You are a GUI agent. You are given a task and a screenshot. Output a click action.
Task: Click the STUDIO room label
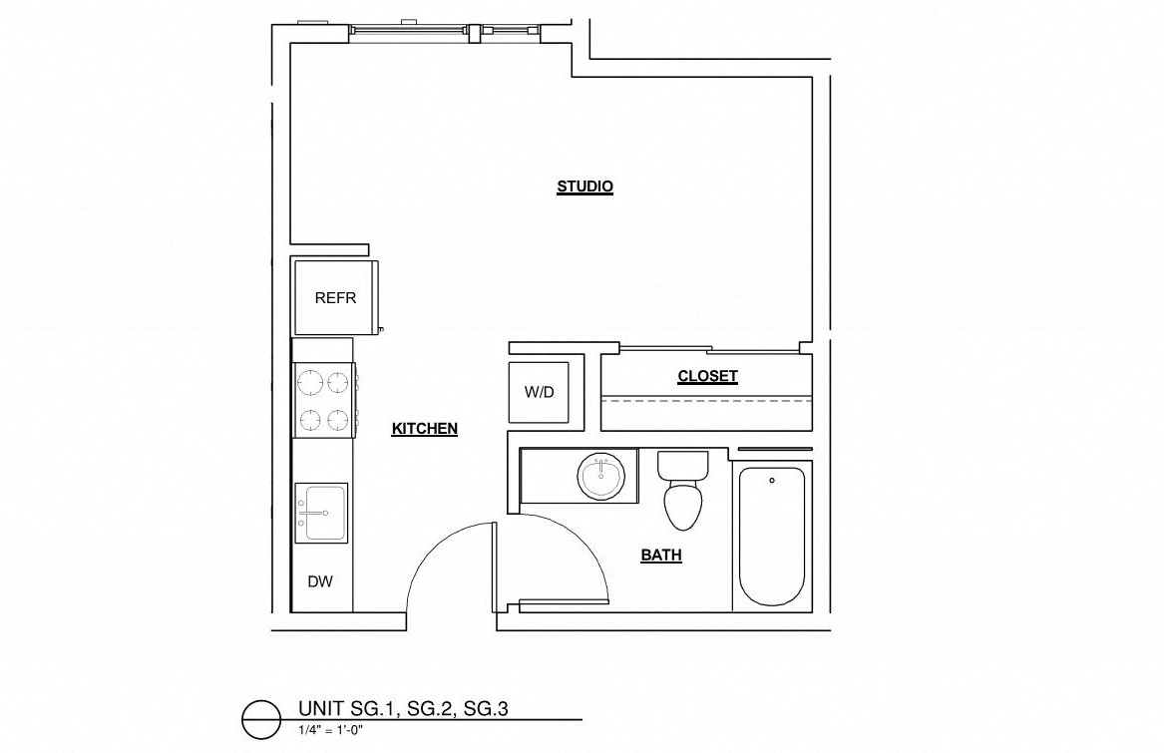coord(584,187)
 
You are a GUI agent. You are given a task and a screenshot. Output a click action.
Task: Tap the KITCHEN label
coord(424,429)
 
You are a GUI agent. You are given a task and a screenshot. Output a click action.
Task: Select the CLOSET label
coord(707,376)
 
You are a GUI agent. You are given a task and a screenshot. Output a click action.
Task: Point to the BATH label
coord(661,556)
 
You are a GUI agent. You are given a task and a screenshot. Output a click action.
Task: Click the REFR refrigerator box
coord(335,297)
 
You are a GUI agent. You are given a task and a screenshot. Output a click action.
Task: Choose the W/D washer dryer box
coord(539,392)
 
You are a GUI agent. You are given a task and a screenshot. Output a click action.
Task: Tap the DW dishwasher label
coord(319,581)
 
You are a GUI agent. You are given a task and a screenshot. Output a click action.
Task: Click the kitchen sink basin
coord(321,513)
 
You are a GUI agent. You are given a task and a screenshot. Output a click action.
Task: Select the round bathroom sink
coord(602,477)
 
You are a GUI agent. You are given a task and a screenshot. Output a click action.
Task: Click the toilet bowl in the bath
coord(684,505)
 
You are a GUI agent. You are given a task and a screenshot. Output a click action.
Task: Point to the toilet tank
coord(683,464)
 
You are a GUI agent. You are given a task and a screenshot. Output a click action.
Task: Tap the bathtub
coord(771,539)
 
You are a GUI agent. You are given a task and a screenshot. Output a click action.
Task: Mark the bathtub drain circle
coord(771,481)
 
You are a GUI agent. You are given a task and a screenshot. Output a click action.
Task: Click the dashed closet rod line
coord(706,399)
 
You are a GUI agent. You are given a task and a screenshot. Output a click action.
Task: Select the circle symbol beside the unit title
coord(261,718)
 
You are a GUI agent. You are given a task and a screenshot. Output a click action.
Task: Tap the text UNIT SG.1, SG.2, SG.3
coord(403,709)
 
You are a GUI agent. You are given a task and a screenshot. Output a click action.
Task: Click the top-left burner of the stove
coord(308,380)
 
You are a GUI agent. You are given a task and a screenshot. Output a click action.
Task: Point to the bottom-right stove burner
coord(339,418)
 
